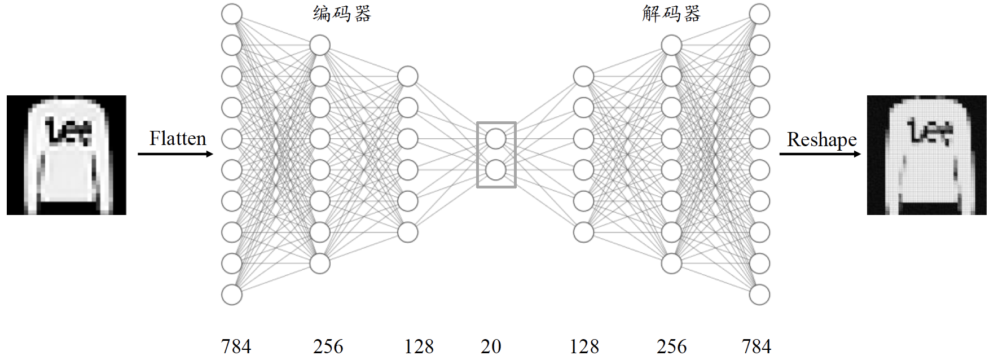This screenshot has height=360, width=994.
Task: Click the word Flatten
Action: pos(178,139)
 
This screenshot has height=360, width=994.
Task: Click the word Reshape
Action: pos(821,139)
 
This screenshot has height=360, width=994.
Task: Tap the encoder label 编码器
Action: pos(342,14)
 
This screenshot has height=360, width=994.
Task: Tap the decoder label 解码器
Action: pos(671,14)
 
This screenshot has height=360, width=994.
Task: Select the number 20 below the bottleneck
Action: pos(491,346)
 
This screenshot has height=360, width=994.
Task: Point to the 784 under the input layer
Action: pos(236,346)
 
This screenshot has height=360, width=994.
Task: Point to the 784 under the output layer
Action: pos(756,346)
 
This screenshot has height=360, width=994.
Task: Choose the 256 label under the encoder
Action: pos(328,346)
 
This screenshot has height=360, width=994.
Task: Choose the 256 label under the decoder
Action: pos(671,346)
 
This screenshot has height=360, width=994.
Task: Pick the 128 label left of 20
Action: pos(419,346)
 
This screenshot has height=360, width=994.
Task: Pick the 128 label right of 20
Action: pos(584,346)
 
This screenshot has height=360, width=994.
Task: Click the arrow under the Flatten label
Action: pos(175,153)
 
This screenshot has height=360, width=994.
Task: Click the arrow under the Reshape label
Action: pos(820,153)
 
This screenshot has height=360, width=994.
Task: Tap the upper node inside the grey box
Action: pos(496,139)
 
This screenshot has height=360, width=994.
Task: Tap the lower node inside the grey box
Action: pos(496,170)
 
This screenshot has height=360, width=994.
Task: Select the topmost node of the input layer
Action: pos(232,14)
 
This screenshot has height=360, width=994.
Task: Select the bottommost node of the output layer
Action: pos(759,295)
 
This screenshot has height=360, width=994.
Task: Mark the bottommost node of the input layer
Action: pos(232,295)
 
